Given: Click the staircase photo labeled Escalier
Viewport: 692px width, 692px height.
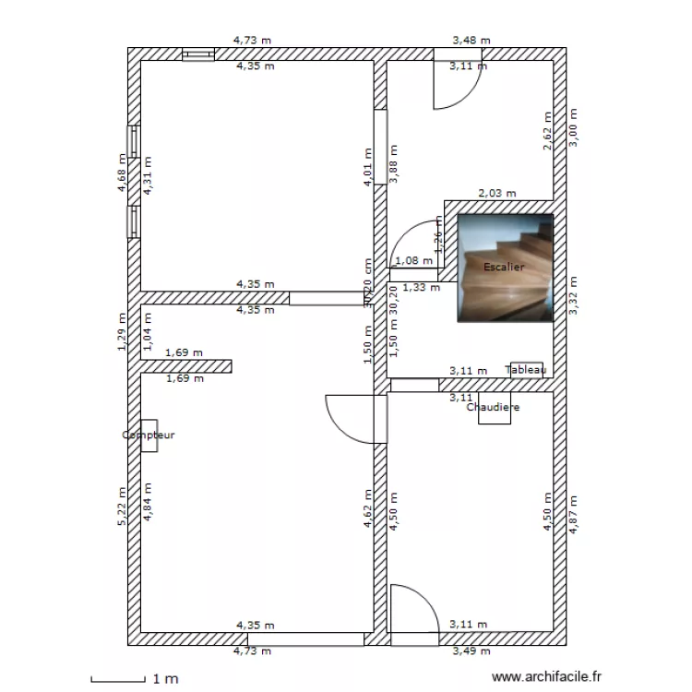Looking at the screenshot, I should (506, 268).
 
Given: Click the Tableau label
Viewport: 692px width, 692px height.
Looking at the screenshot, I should (526, 370).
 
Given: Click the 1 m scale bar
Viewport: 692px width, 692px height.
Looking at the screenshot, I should (119, 681).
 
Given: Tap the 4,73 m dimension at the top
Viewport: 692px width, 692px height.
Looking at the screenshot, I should (253, 41).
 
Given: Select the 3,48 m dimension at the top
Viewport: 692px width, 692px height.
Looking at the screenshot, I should (471, 41).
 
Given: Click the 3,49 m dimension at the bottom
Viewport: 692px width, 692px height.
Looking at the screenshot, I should (471, 651).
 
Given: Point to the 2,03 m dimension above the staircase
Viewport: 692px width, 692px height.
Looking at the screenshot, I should (496, 194).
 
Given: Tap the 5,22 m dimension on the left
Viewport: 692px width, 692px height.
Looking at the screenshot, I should (121, 507).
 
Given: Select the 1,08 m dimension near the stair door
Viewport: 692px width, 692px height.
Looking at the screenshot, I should (412, 261).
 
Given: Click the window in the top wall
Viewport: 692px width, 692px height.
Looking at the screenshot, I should (197, 54).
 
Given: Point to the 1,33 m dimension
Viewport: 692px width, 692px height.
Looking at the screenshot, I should (422, 287).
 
